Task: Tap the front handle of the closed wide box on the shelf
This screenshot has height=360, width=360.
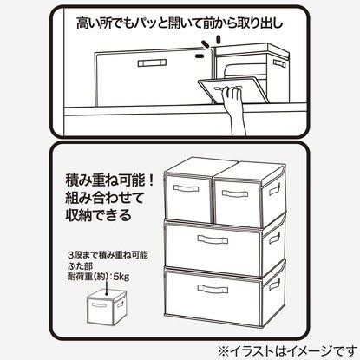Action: click(152, 63)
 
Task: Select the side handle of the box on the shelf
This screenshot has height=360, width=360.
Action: click(279, 63)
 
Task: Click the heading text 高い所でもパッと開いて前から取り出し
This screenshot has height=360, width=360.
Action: click(180, 23)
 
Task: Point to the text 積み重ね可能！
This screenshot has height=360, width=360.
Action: click(110, 180)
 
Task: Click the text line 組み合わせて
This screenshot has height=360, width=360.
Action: click(105, 198)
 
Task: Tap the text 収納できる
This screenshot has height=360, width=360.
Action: click(98, 215)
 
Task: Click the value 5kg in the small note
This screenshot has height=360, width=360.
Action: click(121, 277)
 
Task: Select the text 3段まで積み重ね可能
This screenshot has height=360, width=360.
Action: click(108, 255)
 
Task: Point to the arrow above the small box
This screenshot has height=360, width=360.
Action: click(108, 289)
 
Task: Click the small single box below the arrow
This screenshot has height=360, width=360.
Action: click(106, 307)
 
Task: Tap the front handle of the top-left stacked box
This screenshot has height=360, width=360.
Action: click(186, 188)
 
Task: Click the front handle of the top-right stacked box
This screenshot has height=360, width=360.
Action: click(235, 193)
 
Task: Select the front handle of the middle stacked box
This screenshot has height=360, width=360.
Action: click(213, 239)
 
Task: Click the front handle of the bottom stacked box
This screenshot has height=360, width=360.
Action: click(213, 289)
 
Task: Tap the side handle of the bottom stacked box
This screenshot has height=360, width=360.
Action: click(275, 285)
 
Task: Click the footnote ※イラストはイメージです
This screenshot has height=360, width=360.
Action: click(287, 351)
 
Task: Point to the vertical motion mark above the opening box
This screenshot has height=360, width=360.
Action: click(219, 39)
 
